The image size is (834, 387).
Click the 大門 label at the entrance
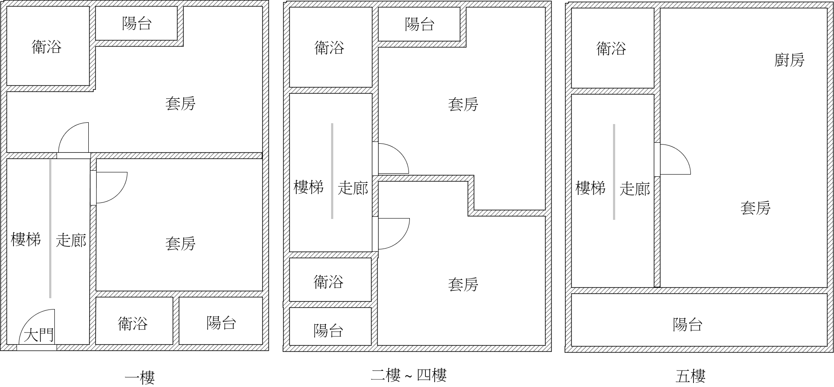[39, 335]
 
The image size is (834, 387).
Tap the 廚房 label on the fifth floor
[789, 60]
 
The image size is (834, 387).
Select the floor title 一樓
[140, 377]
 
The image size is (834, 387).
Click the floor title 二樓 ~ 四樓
[409, 375]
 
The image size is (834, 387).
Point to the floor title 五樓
[690, 376]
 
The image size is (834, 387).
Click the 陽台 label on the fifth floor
[687, 324]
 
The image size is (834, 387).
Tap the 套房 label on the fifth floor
[755, 208]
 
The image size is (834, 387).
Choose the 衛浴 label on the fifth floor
[611, 48]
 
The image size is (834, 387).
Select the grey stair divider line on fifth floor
[614, 172]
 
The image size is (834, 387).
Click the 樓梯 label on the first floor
[26, 239]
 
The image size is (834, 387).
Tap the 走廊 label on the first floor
[71, 240]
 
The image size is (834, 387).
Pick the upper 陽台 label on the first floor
[137, 23]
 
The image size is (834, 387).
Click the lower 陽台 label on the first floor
[221, 323]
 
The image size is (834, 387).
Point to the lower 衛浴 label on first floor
[133, 323]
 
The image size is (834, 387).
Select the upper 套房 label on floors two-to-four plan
[463, 104]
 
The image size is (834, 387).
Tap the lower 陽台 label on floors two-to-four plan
[328, 330]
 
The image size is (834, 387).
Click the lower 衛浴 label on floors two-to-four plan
[328, 282]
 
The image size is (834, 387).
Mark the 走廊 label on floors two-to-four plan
[353, 188]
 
